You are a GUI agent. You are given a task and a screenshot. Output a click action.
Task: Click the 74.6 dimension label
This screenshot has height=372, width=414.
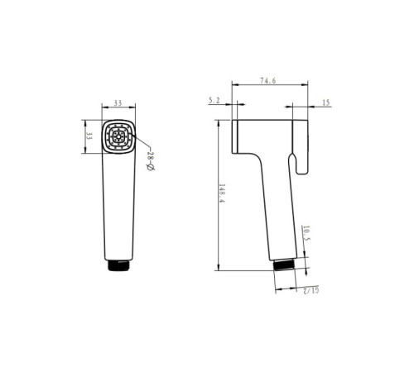267,81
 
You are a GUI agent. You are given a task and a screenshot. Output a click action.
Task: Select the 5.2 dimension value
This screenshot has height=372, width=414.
214,101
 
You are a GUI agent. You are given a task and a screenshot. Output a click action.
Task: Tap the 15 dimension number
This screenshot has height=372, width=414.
326,103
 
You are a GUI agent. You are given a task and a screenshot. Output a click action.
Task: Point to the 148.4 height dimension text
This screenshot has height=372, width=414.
222,193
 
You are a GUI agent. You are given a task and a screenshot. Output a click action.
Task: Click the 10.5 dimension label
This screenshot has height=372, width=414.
306,233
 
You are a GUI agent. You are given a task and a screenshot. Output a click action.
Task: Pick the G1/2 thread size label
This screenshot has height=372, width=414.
310,290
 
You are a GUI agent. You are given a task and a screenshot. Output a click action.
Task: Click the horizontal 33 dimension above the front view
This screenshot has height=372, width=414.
118,103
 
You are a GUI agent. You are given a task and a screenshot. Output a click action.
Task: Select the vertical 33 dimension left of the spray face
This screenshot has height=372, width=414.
89,136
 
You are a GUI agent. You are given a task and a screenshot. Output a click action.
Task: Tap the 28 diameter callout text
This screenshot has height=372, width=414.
151,161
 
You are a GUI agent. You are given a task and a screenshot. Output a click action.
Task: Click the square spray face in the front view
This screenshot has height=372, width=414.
118,136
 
